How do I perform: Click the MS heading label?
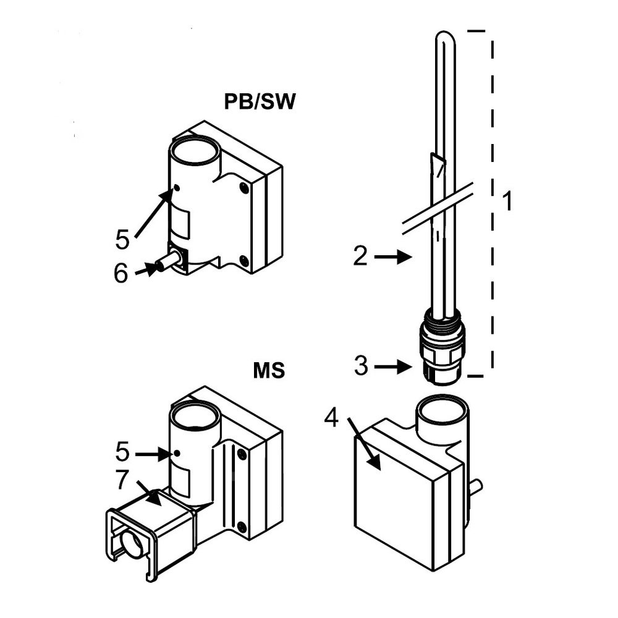pyautogui.click(x=269, y=371)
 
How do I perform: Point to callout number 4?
pyautogui.click(x=332, y=419)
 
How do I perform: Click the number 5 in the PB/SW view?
pyautogui.click(x=122, y=239)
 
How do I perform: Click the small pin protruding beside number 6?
pyautogui.click(x=167, y=262)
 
